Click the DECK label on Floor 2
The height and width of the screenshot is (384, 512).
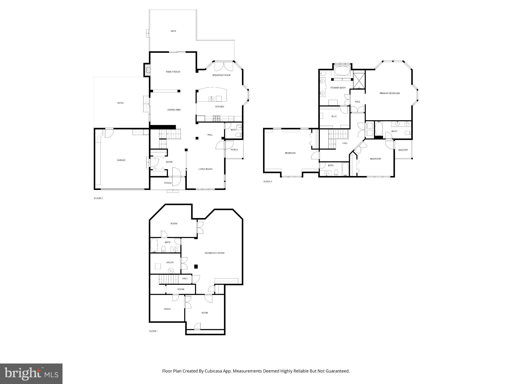click(173, 31)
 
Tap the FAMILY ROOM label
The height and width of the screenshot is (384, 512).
click(173, 72)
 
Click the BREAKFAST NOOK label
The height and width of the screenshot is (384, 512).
click(221, 75)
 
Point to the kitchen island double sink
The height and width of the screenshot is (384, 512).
click(211, 99)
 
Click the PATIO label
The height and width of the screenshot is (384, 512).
click(120, 103)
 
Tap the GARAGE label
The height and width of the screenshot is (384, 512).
click(121, 160)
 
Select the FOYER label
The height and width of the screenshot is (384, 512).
click(169, 162)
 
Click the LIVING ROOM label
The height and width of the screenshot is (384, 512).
click(205, 169)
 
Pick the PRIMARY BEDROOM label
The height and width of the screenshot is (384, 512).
click(390, 93)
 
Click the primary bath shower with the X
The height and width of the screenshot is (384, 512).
click(359, 80)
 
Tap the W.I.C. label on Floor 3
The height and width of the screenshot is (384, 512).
click(334, 116)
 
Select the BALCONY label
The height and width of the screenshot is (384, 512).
click(403, 150)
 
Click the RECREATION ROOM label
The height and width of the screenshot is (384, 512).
click(214, 253)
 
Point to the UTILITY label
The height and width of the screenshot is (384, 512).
click(170, 262)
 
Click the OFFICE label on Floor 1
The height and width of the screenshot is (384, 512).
click(167, 309)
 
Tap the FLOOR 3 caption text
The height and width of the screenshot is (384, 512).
click(268, 181)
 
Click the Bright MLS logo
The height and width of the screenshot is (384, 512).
click(31, 373)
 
